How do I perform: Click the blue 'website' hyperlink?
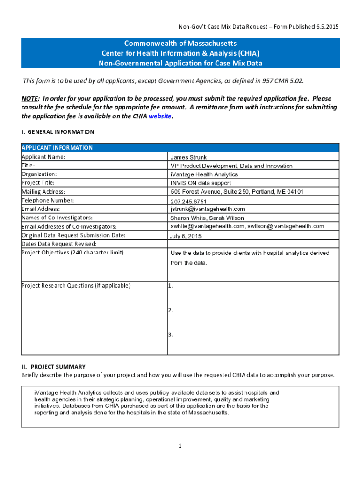(160, 116)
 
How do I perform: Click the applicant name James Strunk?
(188, 157)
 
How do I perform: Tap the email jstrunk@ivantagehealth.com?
(208, 209)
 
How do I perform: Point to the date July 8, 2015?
(186, 236)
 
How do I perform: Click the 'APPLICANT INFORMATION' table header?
(57, 148)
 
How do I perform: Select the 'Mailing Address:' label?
(43, 192)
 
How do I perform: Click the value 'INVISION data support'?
(201, 183)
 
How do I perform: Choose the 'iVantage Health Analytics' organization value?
(204, 174)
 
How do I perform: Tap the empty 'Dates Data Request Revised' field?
(252, 244)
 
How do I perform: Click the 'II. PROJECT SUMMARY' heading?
(53, 367)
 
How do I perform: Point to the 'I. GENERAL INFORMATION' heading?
(58, 132)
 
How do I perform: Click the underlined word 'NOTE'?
(30, 99)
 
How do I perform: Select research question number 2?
(171, 310)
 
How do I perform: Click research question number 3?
(171, 334)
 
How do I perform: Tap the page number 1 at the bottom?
(180, 446)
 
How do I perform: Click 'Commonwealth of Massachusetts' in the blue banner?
(180, 44)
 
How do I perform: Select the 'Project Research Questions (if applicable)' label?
(76, 286)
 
